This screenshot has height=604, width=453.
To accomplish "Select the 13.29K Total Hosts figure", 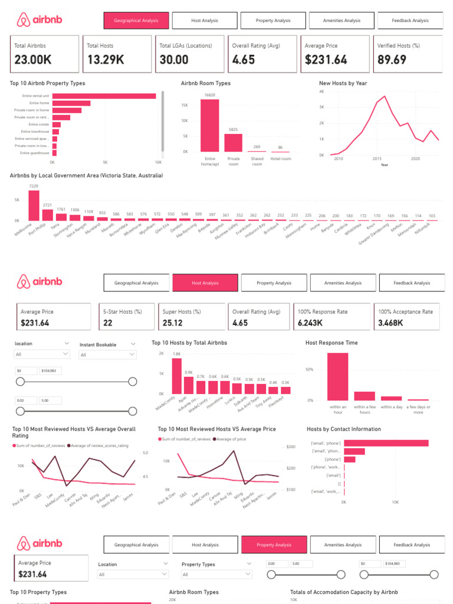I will [x=105, y=60].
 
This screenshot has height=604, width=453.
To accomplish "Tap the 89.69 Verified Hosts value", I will [x=392, y=60].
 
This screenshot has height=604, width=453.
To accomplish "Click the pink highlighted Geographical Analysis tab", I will [x=136, y=21].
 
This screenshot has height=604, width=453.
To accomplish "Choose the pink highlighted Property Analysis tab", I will [x=274, y=545].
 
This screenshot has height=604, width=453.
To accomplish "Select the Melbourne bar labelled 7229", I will [x=34, y=205].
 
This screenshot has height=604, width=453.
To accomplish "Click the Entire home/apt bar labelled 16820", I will [x=209, y=125].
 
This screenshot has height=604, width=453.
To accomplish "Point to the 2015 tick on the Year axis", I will [x=377, y=159].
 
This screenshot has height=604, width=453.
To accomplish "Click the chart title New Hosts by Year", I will [x=343, y=83].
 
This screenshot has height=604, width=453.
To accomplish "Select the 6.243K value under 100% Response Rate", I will [x=311, y=323].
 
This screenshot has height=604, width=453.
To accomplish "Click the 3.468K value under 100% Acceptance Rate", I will [x=392, y=323].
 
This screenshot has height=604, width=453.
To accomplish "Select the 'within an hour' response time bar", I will [x=338, y=376].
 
